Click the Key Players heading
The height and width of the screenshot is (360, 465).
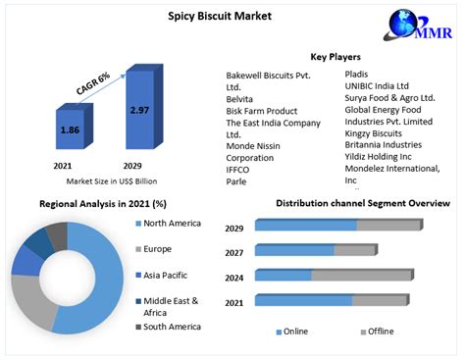[x=336, y=57]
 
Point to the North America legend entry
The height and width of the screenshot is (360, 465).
[x=173, y=224]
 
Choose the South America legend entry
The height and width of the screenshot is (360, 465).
[x=173, y=326]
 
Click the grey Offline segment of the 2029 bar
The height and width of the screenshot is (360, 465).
[x=388, y=225]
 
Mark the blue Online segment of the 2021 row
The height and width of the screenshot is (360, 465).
[x=303, y=300]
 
